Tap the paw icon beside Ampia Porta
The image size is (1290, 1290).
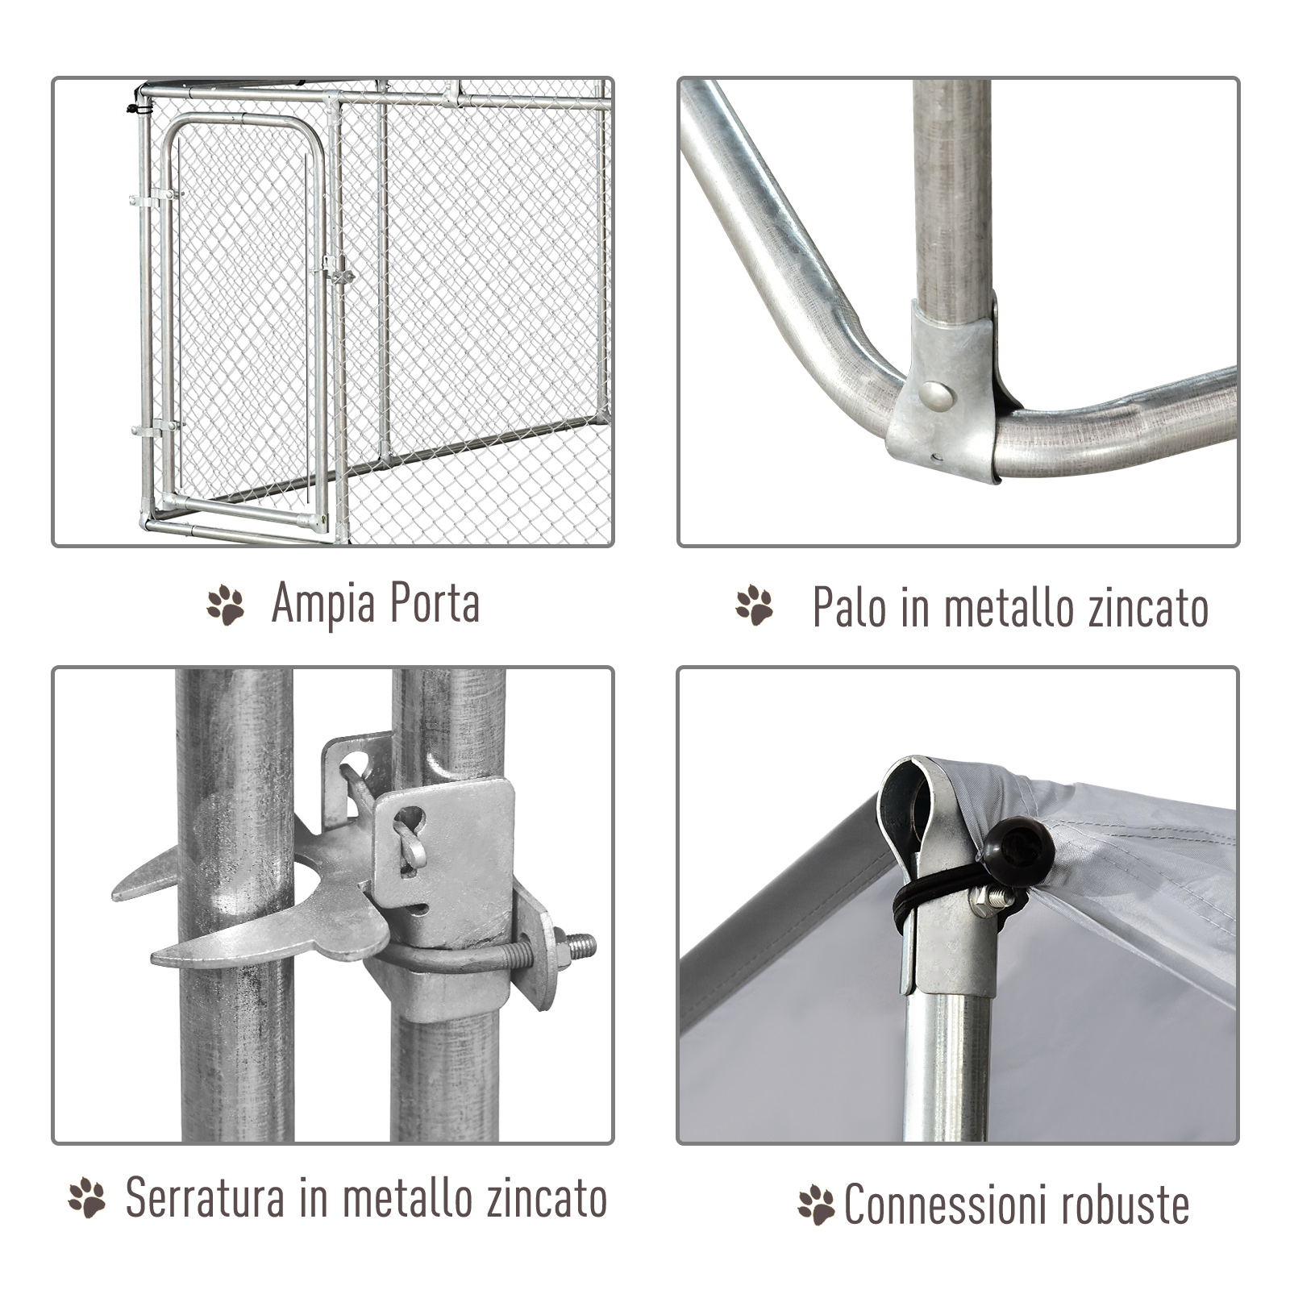(226, 605)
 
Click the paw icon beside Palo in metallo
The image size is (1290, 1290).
(755, 605)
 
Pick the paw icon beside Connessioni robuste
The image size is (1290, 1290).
(816, 1205)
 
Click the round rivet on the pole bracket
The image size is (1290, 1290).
(936, 394)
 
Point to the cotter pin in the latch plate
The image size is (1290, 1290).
(411, 843)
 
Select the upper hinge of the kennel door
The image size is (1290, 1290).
(155, 196)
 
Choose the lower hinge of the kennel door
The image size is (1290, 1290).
(156, 428)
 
